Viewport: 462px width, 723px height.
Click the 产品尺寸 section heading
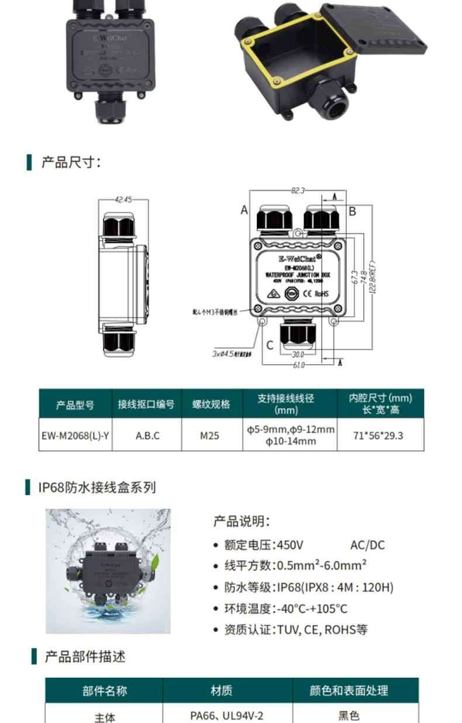click(71, 162)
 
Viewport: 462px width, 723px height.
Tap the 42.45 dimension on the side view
click(123, 200)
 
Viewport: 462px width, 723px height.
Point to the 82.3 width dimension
click(298, 190)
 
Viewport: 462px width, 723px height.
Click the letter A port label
click(244, 210)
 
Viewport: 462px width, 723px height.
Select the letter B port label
click(352, 211)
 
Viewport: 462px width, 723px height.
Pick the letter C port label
click(270, 345)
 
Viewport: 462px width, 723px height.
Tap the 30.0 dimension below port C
click(298, 354)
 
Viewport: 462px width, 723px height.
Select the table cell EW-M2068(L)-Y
click(75, 436)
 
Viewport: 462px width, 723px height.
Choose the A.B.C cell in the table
click(147, 436)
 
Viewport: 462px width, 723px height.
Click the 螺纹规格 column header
click(211, 404)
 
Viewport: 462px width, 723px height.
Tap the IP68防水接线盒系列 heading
click(97, 487)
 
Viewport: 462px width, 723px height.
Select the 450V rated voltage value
click(290, 545)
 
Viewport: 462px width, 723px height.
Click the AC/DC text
click(367, 545)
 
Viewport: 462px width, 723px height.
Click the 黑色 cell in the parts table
click(349, 715)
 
